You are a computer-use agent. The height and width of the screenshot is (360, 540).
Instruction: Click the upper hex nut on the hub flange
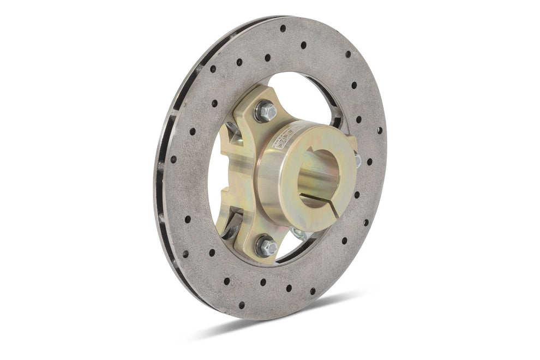pos(267,111)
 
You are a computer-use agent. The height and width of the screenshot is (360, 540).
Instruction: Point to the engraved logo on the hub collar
pos(293,133)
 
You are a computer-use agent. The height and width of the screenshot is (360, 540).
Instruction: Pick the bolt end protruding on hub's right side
pos(357,159)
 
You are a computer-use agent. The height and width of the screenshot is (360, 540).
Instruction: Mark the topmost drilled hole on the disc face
pos(283,28)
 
